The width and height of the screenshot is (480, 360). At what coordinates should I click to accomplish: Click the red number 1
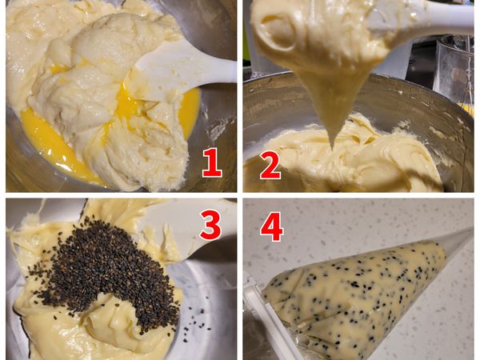pos(212,162)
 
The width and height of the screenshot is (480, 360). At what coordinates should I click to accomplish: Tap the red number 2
pos(270,166)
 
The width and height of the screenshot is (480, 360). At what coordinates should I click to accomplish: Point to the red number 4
pos(272,226)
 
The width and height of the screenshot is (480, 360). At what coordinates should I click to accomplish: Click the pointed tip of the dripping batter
pos(333,147)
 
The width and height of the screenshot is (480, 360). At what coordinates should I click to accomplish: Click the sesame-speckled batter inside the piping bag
pos(352,291)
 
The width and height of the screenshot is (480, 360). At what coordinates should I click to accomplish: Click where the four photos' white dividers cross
pos(240,195)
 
